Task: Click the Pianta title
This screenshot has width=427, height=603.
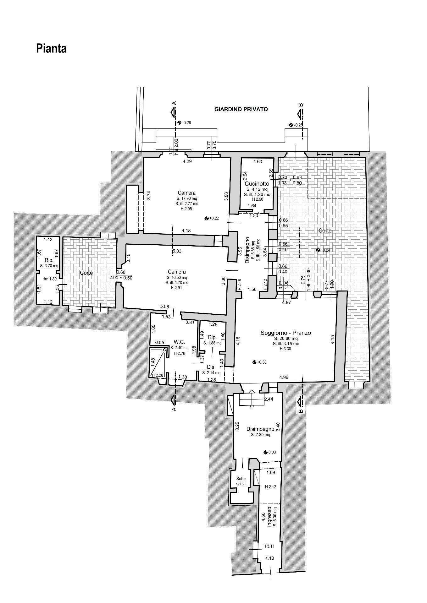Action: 51,49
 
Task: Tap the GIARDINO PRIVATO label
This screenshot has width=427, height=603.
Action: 241,109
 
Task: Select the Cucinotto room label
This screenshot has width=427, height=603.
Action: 257,183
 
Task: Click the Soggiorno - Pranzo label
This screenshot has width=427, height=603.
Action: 286,333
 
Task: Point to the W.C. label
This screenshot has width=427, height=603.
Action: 179,342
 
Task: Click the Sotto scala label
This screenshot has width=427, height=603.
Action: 241,481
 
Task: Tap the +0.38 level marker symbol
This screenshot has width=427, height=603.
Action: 254,362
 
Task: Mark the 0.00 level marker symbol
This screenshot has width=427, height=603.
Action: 265,452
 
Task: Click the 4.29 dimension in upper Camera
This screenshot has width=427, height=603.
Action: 188,161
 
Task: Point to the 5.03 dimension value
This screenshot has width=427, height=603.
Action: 177,251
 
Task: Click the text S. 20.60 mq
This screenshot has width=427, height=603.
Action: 285,339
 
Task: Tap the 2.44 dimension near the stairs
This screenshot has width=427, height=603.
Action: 269,399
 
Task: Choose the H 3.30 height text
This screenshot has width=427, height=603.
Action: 285,349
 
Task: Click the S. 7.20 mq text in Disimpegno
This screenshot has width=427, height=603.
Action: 260,435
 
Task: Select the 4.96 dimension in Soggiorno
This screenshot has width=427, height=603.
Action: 284,377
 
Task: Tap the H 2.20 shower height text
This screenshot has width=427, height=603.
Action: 158,375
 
